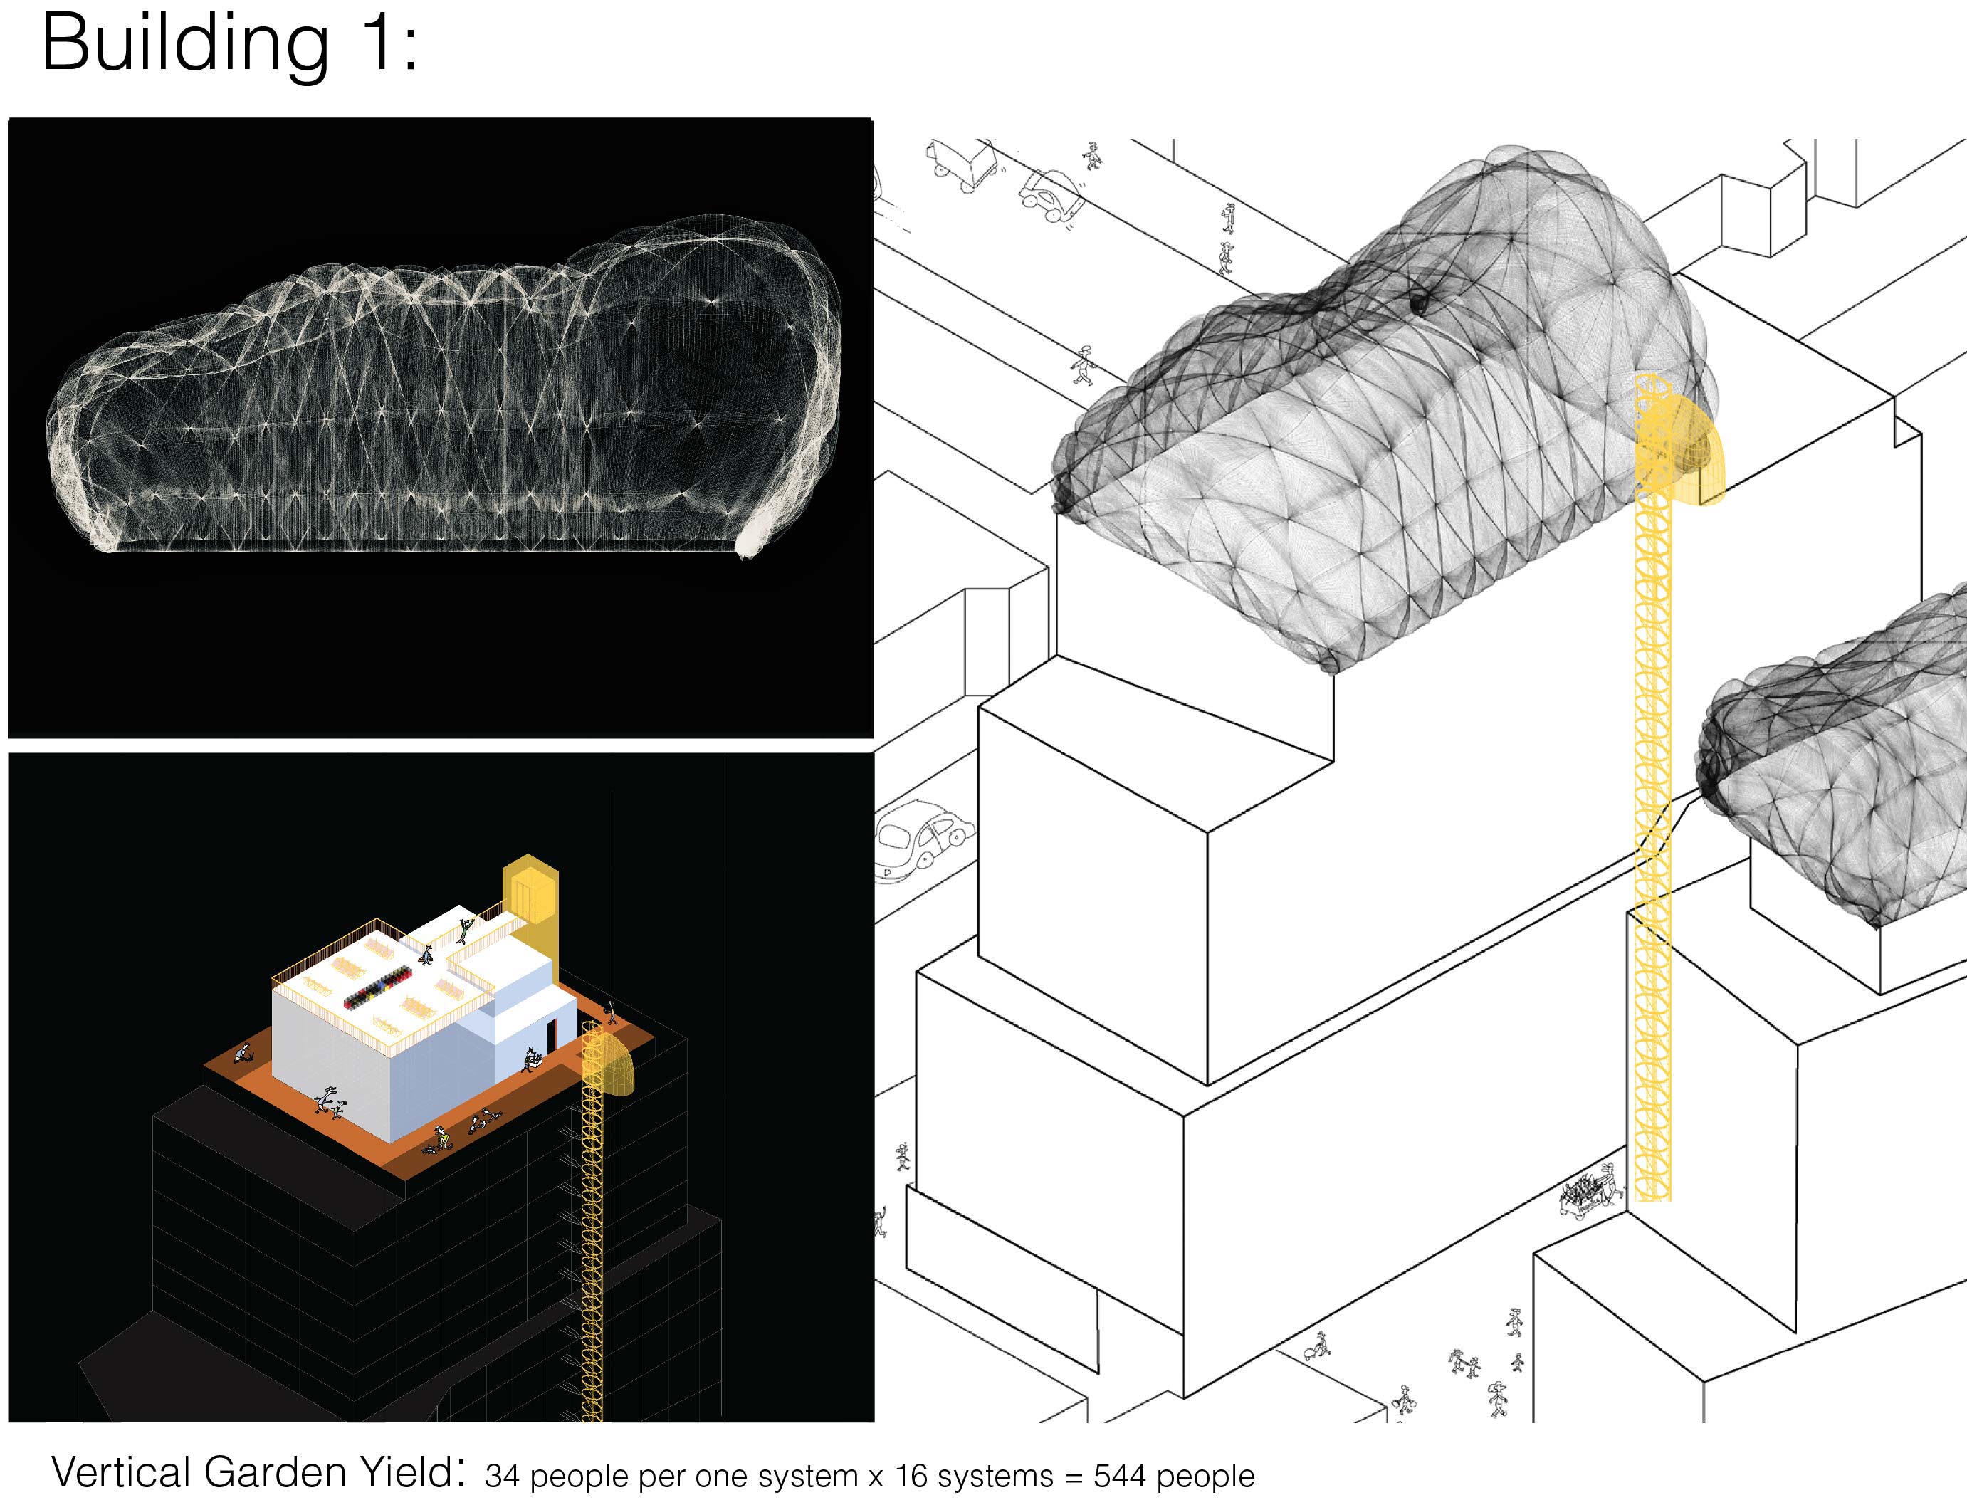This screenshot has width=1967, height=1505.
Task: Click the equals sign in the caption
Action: [1073, 1477]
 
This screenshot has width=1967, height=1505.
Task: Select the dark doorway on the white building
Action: [550, 1037]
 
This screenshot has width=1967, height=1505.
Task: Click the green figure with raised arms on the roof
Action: [462, 930]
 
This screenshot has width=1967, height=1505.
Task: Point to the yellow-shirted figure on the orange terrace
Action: [441, 1138]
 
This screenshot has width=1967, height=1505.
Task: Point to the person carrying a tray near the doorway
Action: [531, 1060]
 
